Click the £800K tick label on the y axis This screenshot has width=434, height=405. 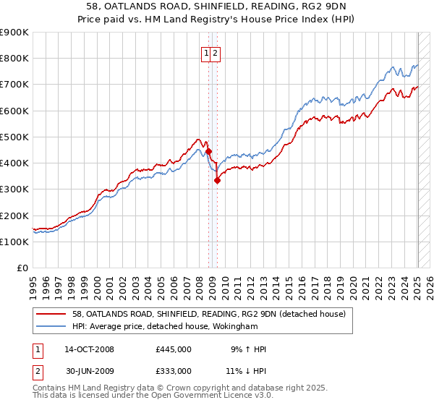coord(14,59)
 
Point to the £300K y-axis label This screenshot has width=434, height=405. coord(14,189)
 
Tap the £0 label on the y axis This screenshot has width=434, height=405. coord(22,268)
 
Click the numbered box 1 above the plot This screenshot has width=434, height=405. coord(207,53)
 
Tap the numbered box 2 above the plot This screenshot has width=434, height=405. coord(216,53)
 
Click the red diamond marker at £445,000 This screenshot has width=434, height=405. coord(209,152)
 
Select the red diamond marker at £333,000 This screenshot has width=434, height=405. coord(217,181)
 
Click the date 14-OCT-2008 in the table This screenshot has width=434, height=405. coord(89,349)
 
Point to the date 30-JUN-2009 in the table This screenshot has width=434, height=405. coord(89,371)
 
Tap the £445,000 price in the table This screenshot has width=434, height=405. coord(174,349)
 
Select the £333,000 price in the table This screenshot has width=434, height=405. coord(174,371)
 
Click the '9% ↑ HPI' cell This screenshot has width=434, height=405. coord(248,349)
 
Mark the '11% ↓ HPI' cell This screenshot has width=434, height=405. coord(246,371)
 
